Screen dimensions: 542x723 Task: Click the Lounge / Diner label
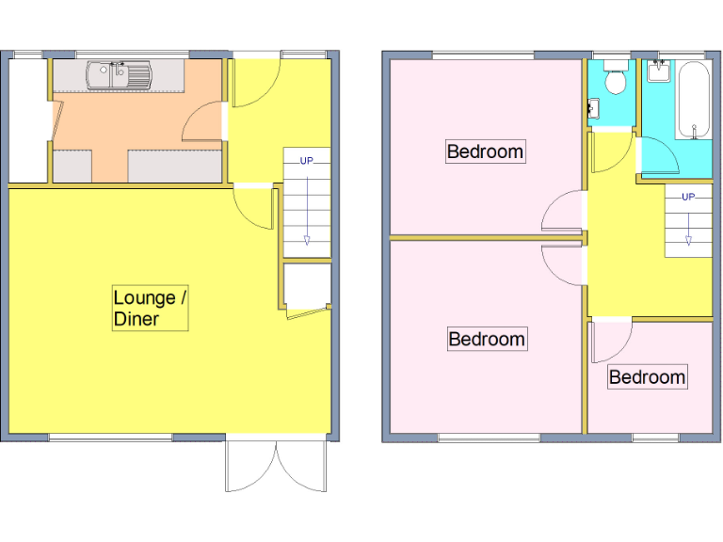(x=151, y=309)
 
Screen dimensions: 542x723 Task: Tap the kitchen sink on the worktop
(x=119, y=74)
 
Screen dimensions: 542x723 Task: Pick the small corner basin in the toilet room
(x=593, y=110)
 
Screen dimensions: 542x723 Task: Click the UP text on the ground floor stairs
(x=307, y=161)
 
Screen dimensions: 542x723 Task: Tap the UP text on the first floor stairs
(x=688, y=197)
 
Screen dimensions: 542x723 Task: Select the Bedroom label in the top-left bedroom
(x=485, y=151)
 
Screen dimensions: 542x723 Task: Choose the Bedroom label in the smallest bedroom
(x=647, y=377)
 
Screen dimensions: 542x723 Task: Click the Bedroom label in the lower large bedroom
(x=486, y=339)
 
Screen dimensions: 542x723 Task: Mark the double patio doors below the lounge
(x=276, y=463)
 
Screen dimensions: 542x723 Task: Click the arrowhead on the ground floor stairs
(x=307, y=242)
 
